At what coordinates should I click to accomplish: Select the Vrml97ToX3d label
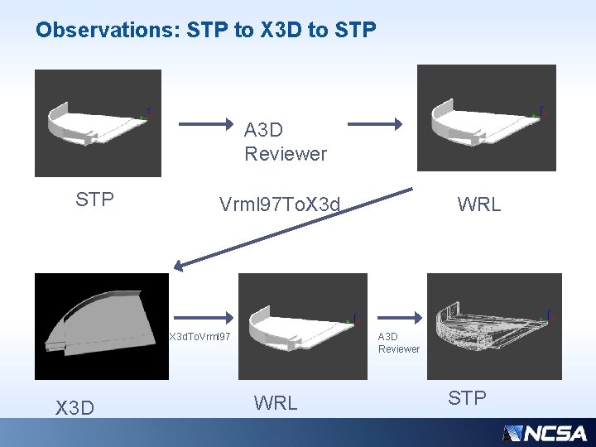280,204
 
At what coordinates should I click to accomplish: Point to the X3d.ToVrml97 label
199,337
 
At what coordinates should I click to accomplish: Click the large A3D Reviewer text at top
285,142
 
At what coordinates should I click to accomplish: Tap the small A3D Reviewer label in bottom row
398,343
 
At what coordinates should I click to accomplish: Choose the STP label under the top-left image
94,199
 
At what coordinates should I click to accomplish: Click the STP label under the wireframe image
467,398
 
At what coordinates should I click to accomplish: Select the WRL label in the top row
479,204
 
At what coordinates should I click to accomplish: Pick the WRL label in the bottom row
276,403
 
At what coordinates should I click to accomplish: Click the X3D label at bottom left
74,407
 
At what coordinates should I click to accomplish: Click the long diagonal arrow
294,228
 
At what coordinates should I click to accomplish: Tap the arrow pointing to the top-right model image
374,124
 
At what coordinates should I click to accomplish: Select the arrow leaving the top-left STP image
208,124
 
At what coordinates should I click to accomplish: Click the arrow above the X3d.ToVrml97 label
203,315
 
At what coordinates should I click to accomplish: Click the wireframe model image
494,326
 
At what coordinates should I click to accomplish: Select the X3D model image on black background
101,326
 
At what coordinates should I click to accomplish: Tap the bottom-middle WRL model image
302,326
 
